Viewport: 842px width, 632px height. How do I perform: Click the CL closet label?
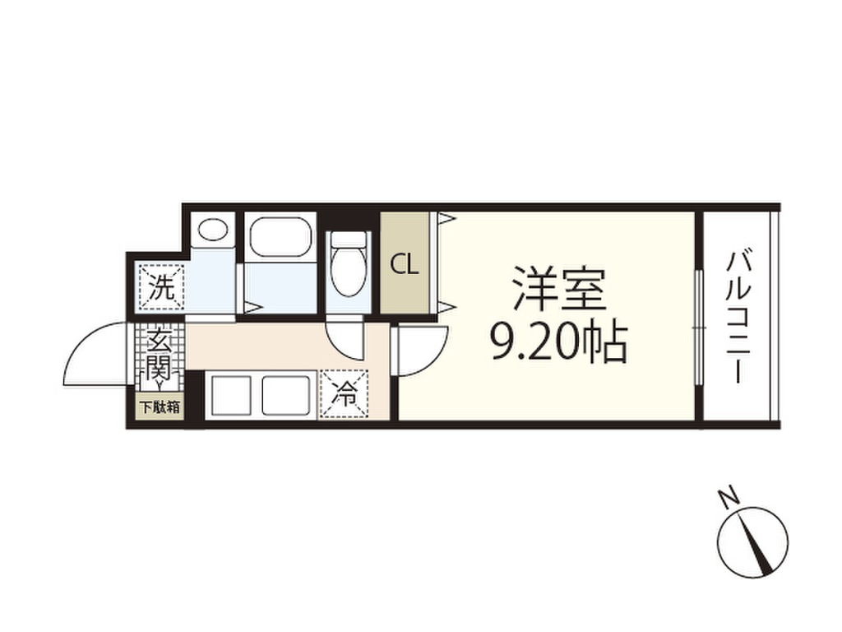(404, 264)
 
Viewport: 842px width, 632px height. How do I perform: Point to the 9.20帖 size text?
(558, 343)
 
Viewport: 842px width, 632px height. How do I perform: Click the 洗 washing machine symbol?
(162, 287)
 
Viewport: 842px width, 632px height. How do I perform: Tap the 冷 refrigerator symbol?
(344, 394)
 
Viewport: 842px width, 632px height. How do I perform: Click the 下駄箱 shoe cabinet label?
(160, 407)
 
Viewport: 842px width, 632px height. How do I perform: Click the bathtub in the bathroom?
(280, 237)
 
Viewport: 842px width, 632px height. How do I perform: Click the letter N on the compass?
(727, 497)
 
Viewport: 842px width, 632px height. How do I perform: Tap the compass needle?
(758, 543)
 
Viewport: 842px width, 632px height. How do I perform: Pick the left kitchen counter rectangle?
(231, 396)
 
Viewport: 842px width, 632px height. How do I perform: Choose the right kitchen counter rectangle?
(288, 396)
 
